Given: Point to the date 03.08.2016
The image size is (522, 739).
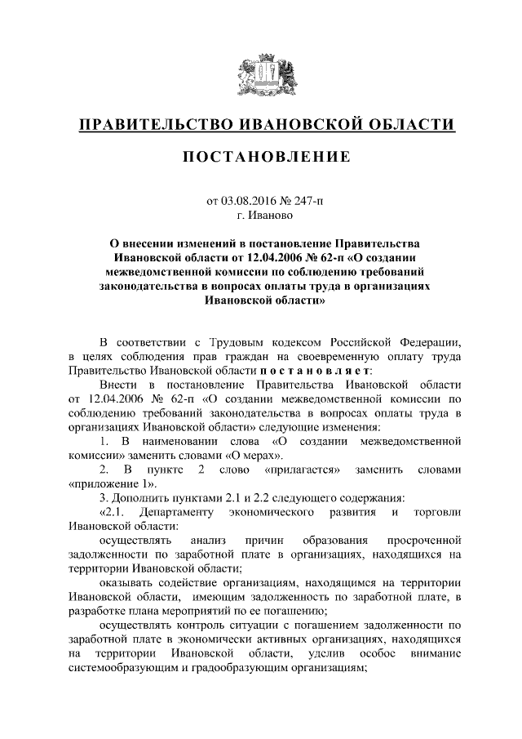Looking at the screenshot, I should [246, 202].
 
